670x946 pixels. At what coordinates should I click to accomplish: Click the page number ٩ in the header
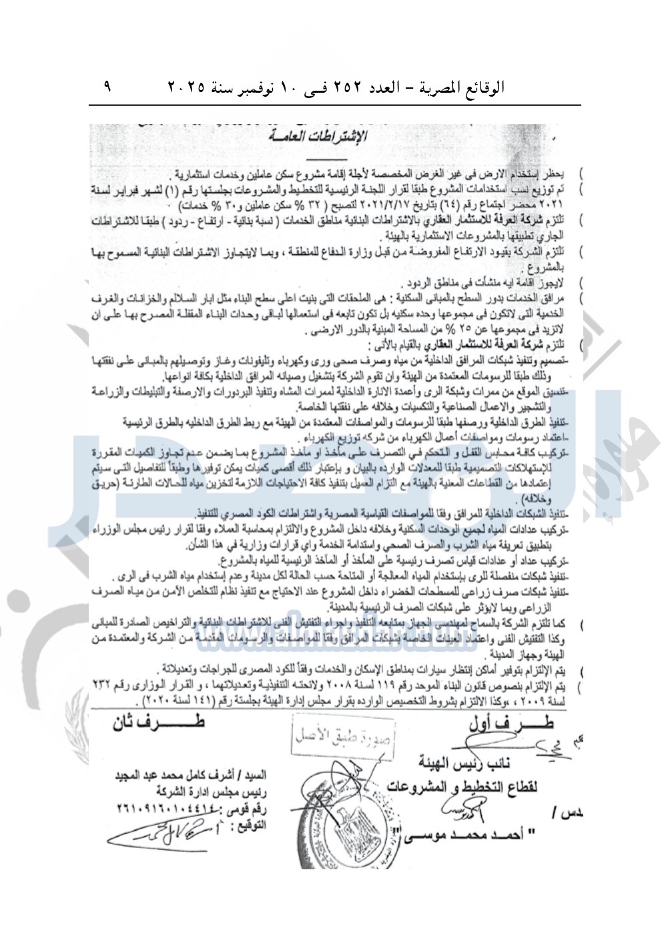107,86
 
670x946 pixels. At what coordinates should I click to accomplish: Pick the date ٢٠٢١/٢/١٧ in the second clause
370,205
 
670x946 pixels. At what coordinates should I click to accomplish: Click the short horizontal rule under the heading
327,159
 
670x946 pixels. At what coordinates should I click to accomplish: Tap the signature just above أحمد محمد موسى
460,811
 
